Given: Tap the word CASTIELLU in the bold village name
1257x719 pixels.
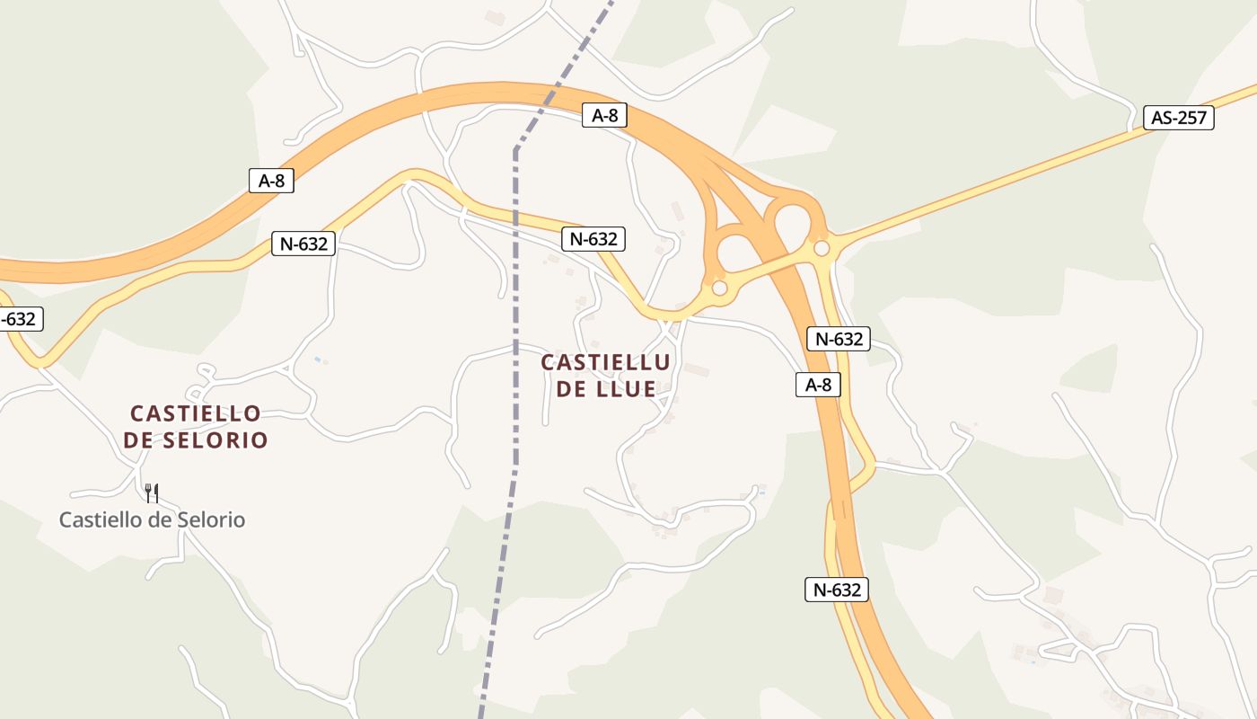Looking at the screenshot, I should tap(605, 363).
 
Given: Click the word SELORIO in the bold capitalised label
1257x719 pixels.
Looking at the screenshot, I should tap(216, 440).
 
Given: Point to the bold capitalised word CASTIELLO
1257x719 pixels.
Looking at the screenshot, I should tap(196, 413).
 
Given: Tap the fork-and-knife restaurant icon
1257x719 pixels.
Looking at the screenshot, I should tap(152, 493).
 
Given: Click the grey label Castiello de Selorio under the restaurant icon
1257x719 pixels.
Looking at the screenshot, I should tap(152, 519).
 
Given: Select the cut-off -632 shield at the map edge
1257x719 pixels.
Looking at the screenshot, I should tap(19, 319).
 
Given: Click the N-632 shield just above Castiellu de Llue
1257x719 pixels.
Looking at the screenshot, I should tap(593, 239).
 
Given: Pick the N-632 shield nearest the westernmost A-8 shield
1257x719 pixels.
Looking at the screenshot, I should tap(303, 244).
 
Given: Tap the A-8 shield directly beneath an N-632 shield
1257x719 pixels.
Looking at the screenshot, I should tap(818, 386).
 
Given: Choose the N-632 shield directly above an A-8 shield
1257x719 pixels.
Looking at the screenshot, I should tap(839, 339).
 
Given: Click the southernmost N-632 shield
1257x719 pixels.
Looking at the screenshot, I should tap(836, 590).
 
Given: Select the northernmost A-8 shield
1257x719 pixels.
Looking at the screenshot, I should tap(603, 115).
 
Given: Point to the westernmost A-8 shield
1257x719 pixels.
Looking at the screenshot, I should tap(271, 181).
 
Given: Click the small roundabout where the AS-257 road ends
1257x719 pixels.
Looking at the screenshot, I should tap(822, 247).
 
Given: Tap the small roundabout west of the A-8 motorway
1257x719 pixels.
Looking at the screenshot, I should tap(719, 288).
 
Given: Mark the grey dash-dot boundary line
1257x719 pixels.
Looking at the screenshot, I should tap(515, 359).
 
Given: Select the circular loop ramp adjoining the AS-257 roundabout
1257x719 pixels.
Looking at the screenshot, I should tap(793, 220).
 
